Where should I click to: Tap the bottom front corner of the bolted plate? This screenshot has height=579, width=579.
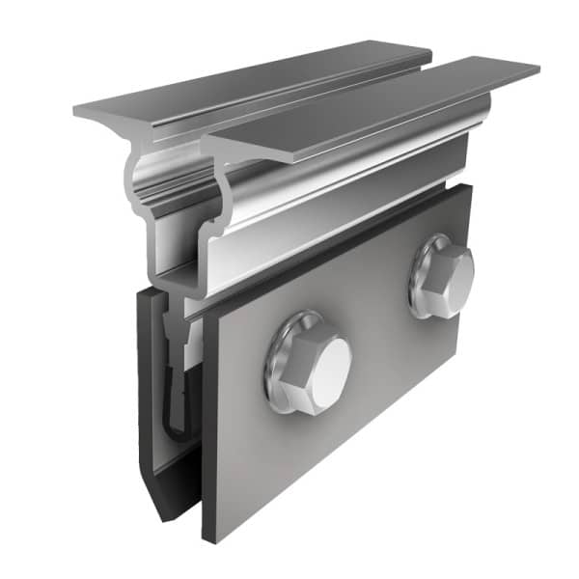(x=208, y=536)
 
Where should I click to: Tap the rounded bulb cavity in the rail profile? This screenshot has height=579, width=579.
(x=169, y=188)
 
